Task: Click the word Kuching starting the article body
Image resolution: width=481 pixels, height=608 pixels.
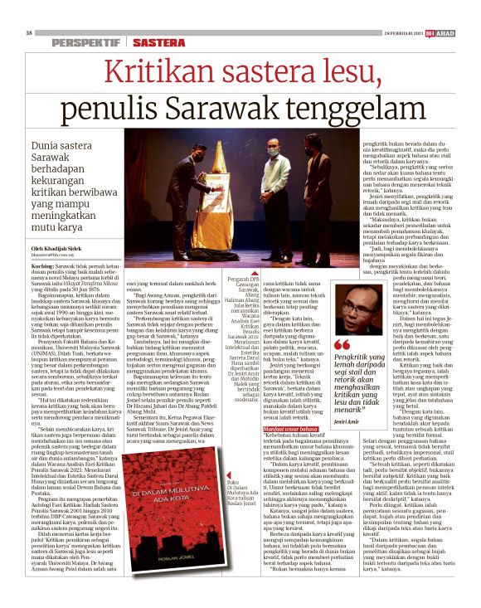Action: coord(51,288)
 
